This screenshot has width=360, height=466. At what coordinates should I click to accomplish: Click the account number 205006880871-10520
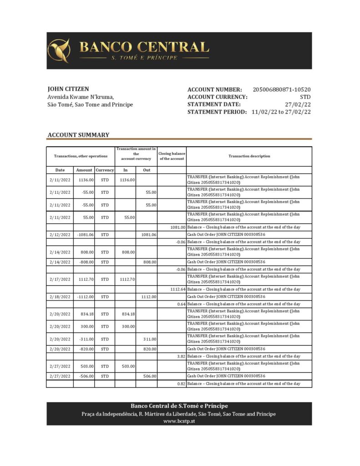(281, 90)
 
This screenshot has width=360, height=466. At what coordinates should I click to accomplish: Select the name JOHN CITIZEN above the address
(68, 89)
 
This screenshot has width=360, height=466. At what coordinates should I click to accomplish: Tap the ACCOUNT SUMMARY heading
(78, 135)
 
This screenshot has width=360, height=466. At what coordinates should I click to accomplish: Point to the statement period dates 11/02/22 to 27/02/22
(281, 112)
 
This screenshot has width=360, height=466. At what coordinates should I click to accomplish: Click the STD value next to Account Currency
(305, 97)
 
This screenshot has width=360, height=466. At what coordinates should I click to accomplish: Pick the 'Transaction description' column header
(249, 156)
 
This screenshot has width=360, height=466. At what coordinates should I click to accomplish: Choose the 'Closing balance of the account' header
(172, 156)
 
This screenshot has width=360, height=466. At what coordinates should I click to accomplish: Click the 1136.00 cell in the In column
(127, 180)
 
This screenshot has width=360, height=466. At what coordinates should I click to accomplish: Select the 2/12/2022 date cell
(60, 234)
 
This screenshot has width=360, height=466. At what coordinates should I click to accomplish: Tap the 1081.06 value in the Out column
(148, 234)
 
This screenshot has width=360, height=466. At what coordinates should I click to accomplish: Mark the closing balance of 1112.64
(177, 289)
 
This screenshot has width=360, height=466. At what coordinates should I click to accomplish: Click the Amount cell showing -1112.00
(85, 296)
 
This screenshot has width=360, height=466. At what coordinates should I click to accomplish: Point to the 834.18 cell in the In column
(127, 314)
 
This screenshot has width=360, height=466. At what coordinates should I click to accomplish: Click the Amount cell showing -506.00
(85, 376)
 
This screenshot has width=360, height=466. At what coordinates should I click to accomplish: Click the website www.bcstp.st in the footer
(179, 421)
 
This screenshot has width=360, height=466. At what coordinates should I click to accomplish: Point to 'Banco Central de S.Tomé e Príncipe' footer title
(179, 406)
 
